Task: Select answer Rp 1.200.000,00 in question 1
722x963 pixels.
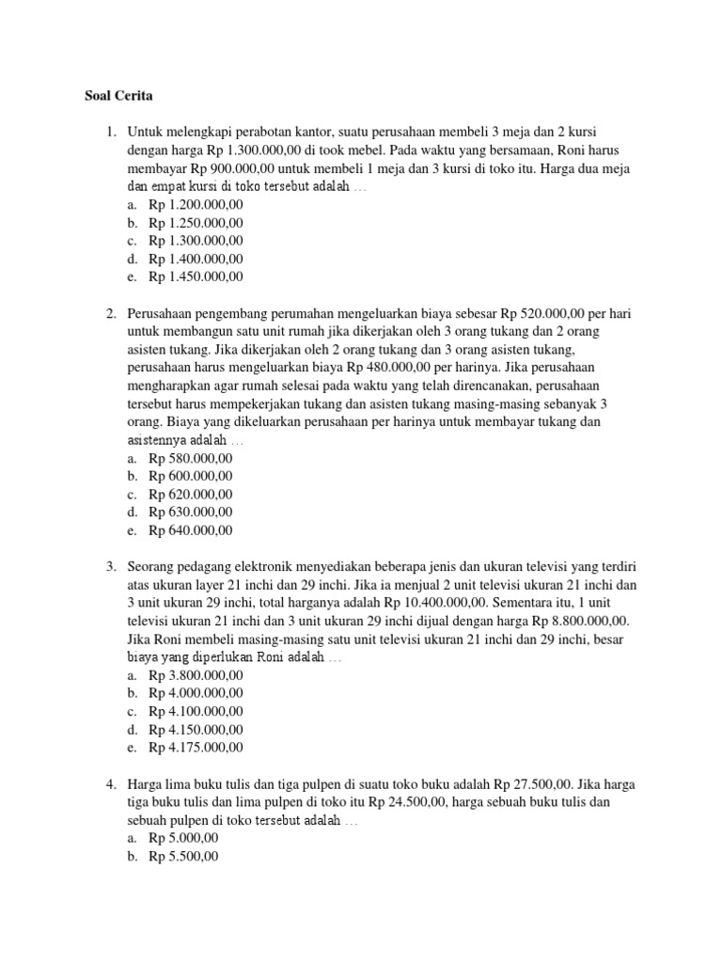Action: (x=196, y=205)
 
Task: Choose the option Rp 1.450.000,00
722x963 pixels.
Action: (x=196, y=276)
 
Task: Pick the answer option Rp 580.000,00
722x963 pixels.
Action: (x=190, y=458)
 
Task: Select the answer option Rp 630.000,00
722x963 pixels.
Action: (x=190, y=513)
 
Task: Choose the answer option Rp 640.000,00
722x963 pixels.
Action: (x=190, y=530)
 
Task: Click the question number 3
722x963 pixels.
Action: (x=110, y=567)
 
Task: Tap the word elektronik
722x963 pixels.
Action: (x=275, y=567)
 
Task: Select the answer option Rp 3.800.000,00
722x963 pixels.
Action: (x=196, y=675)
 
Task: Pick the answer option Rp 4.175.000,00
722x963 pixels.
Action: (x=196, y=748)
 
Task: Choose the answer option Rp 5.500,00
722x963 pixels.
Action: (x=183, y=857)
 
